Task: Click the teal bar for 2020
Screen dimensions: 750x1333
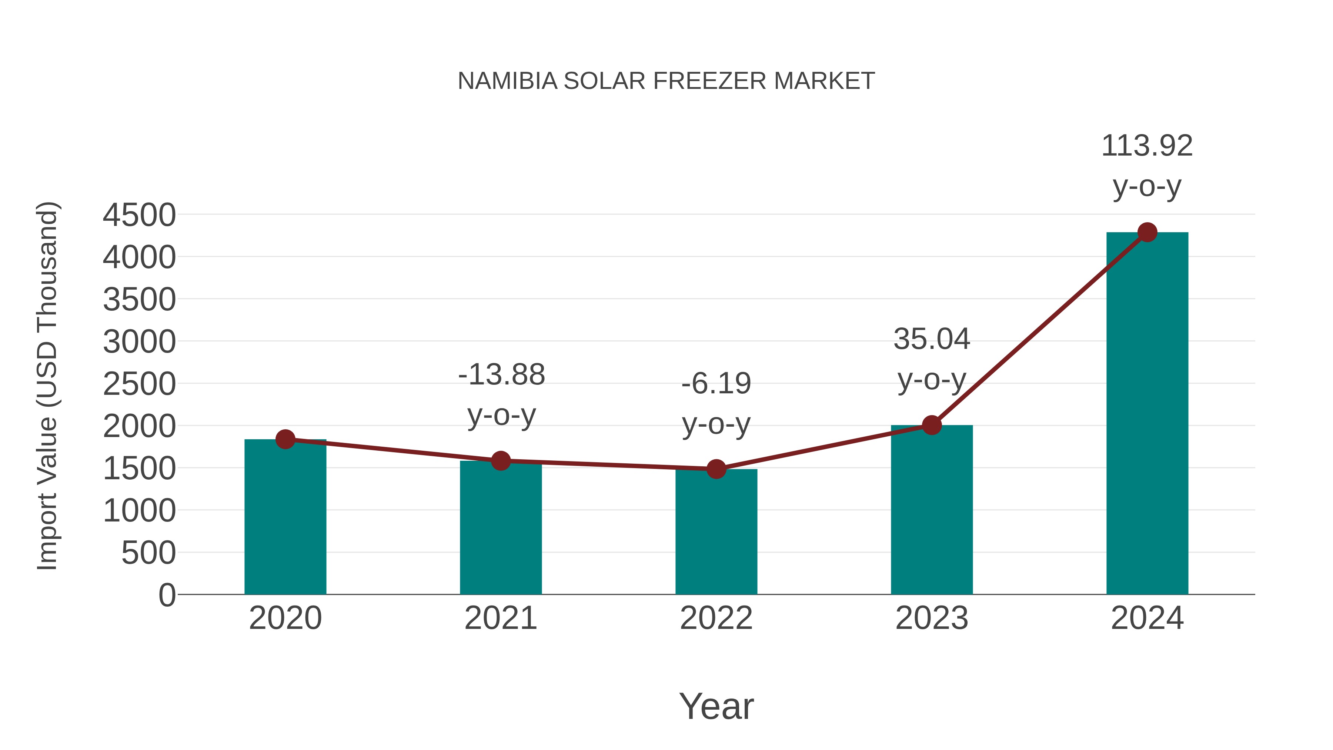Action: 285,518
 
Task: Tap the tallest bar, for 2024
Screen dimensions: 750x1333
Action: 1147,414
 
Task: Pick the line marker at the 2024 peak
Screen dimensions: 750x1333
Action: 1147,232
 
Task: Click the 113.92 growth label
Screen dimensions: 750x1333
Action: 1147,146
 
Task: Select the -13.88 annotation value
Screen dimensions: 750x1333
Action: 501,375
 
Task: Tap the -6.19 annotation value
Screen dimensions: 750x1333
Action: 716,384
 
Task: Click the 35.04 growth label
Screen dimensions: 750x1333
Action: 932,340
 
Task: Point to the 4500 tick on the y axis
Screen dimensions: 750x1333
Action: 139,215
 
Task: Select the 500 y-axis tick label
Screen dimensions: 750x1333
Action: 148,553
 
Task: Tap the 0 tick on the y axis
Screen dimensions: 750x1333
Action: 167,595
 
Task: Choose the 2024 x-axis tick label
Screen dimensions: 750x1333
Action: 1147,619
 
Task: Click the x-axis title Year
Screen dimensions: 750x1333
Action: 716,707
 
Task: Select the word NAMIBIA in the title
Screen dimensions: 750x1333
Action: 508,81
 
